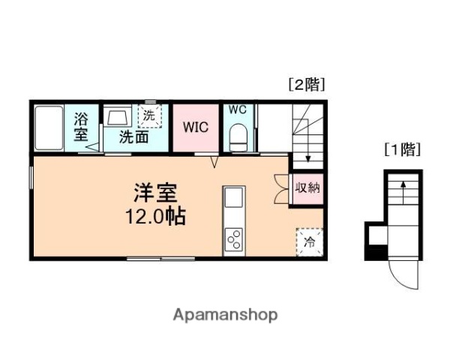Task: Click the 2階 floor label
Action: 306,85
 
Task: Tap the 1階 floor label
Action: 402,149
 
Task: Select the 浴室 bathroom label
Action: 81,126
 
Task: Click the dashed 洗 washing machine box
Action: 148,116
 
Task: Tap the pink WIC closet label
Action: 196,126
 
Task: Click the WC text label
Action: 237,109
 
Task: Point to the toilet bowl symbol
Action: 238,138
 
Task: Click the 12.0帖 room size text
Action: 155,217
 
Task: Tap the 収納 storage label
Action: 307,187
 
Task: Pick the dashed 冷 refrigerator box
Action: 309,241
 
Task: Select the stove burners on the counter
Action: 233,239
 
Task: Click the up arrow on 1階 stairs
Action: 403,191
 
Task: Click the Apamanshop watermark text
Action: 226,315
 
